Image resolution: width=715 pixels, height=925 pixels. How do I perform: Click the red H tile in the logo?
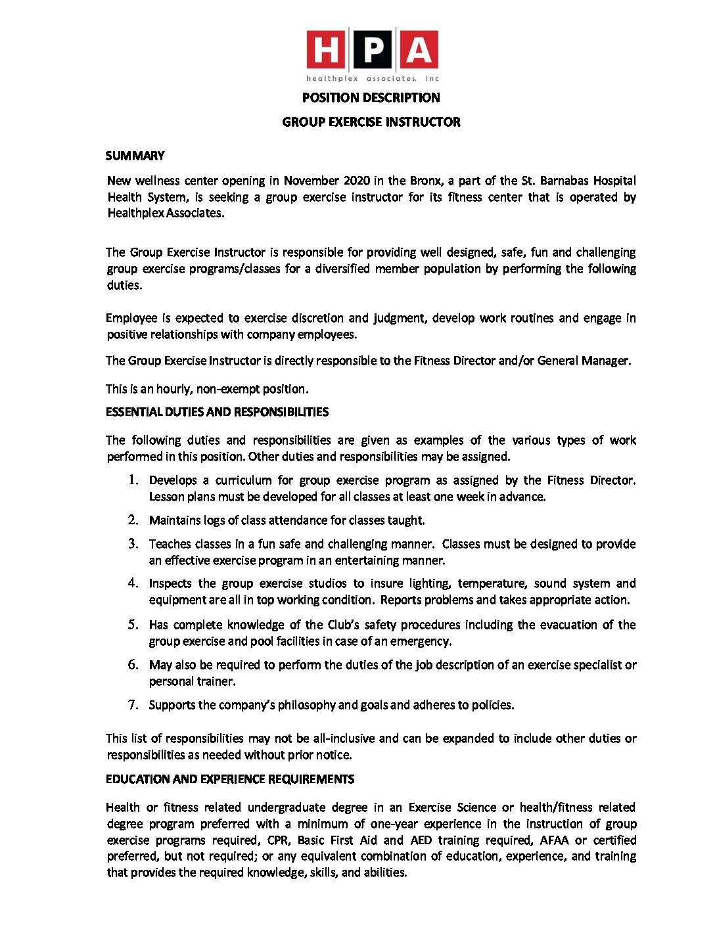coord(325,49)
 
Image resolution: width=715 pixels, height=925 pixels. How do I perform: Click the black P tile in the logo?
coord(372,49)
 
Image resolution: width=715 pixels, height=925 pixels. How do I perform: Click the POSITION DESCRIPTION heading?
coord(371,98)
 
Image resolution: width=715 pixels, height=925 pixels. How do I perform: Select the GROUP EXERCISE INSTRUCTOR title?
coord(371,122)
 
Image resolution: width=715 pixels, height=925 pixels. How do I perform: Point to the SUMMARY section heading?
coord(135,156)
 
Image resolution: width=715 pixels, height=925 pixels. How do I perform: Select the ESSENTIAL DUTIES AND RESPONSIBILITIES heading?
coord(217,412)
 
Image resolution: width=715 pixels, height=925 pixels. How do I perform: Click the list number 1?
coord(133,480)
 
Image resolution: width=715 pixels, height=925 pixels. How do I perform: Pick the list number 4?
coord(133,583)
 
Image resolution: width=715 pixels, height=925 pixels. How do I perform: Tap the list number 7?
coord(133,705)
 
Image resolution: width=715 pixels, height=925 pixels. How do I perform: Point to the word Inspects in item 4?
coord(170,583)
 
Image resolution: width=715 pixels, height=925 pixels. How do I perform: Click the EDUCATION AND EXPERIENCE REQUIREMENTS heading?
coord(230,779)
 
